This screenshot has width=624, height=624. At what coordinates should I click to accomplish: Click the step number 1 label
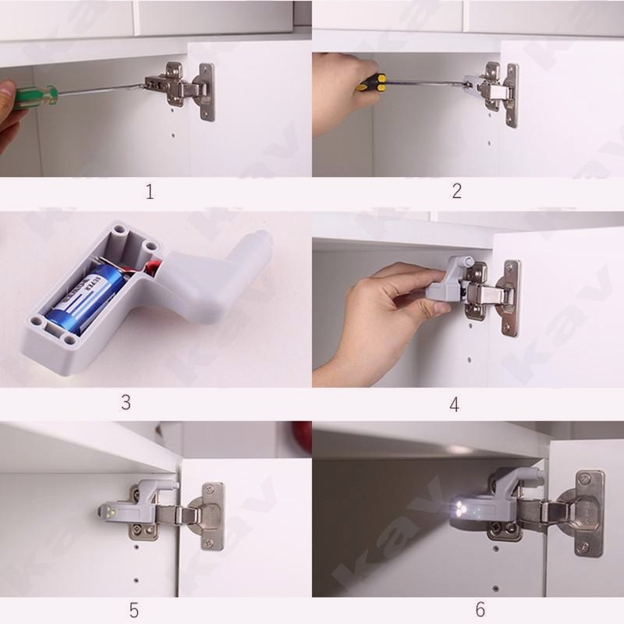[x=150, y=191]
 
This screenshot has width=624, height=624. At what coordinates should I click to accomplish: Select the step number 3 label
[x=126, y=402]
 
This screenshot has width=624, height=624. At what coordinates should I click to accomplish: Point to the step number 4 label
[x=455, y=403]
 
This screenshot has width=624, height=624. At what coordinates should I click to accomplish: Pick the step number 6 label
[x=479, y=609]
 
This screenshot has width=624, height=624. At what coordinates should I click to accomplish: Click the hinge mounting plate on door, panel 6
[x=589, y=512]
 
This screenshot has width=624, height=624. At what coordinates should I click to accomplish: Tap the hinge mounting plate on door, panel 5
[x=212, y=515]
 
